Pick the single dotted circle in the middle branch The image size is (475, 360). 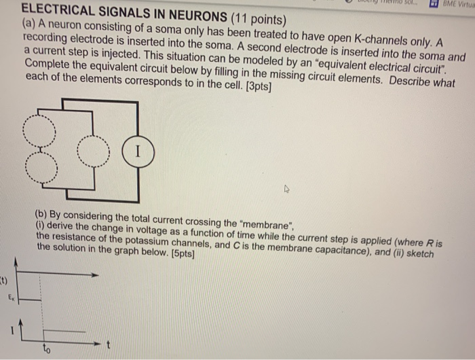(x=92, y=149)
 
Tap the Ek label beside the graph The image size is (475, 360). (x=11, y=297)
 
